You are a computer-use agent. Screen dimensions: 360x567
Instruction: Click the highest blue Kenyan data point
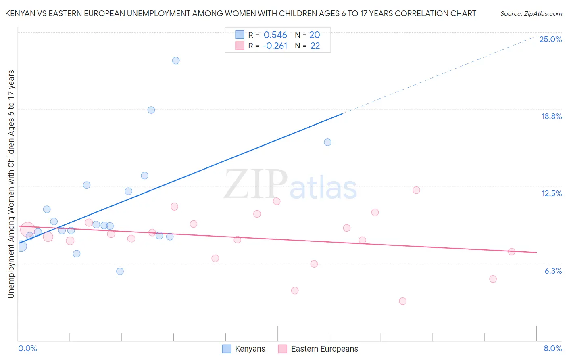176,61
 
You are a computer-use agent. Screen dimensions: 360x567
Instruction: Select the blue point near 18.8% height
151,110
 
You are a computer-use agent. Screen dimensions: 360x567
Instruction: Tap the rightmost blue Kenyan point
327,142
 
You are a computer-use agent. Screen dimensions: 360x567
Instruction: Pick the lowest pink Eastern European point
402,301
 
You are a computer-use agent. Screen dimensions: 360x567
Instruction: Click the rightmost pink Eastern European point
512,252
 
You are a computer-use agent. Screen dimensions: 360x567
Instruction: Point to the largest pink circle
27,230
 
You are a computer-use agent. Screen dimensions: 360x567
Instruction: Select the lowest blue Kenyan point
120,271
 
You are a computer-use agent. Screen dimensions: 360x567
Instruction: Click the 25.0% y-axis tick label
550,39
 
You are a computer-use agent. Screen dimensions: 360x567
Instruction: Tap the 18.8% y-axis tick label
551,116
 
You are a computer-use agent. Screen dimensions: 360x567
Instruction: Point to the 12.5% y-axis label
551,193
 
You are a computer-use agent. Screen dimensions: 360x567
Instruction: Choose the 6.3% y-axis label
553,271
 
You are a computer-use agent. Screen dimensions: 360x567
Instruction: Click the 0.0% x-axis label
27,348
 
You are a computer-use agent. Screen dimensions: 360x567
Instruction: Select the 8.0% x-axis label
552,348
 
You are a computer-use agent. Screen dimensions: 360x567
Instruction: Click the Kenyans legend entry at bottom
250,349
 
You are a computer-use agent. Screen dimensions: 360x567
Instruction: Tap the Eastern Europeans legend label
324,349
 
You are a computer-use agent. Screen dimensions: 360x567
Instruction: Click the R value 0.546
275,35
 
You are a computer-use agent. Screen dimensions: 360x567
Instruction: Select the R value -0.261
275,46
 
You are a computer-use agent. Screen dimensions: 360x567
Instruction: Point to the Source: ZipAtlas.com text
531,13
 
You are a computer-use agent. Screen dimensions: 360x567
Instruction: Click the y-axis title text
11,184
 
